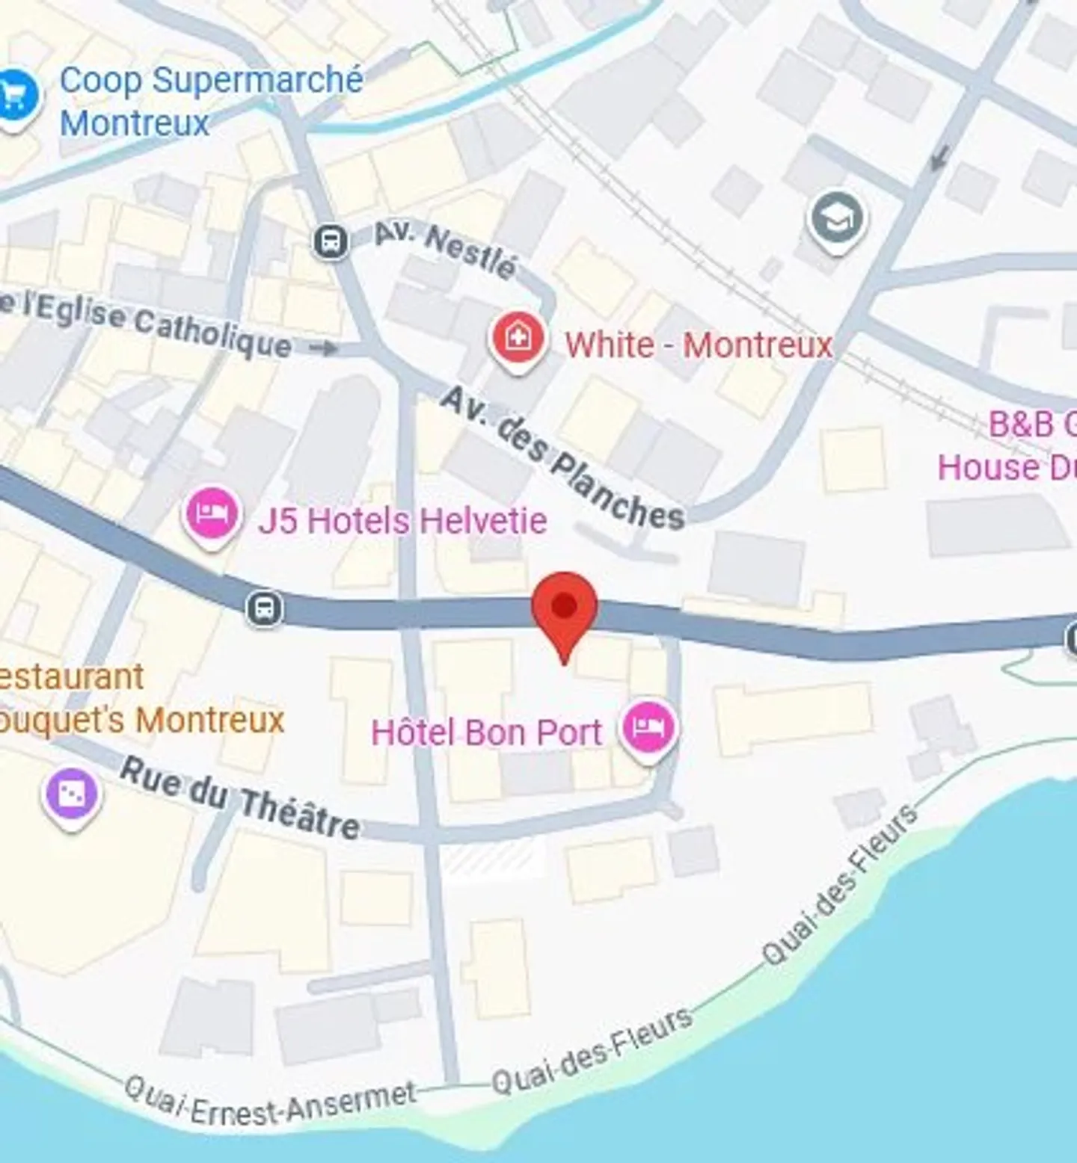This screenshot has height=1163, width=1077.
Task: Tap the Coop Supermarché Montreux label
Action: pyautogui.click(x=211, y=102)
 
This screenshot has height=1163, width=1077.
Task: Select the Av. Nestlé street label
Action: pyautogui.click(x=445, y=249)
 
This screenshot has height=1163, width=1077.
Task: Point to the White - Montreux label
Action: pyautogui.click(x=698, y=345)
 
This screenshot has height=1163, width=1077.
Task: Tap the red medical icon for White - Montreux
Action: pyautogui.click(x=516, y=339)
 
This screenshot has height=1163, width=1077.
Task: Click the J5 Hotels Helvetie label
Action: pyautogui.click(x=402, y=520)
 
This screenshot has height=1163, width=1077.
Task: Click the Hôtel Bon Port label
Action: pyautogui.click(x=486, y=732)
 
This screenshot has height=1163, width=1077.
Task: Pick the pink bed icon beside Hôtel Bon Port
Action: pyautogui.click(x=649, y=727)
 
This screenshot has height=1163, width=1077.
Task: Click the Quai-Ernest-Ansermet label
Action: pyautogui.click(x=270, y=1100)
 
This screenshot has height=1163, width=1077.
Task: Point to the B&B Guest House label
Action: pyautogui.click(x=1006, y=446)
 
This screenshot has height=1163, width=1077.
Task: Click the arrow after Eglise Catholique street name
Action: pyautogui.click(x=323, y=348)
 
